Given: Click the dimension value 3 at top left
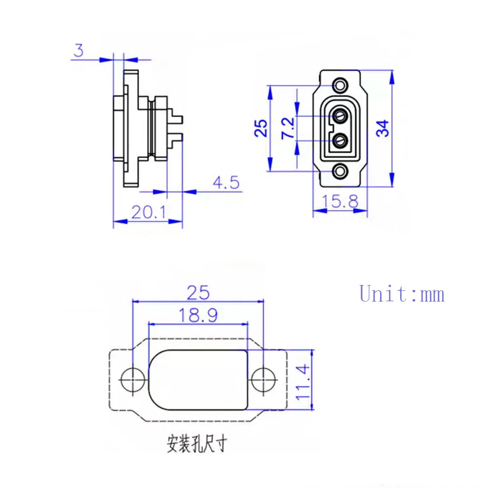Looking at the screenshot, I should [79, 50].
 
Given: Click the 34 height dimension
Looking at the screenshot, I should [384, 128].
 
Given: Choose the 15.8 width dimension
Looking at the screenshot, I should [340, 201].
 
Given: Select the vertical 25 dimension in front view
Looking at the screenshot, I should [262, 128].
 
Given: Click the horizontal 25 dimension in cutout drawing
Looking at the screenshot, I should [198, 292].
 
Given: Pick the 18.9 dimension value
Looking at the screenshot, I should [198, 315].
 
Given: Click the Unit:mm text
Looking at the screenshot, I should [402, 294].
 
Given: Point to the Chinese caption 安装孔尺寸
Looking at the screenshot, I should [197, 445].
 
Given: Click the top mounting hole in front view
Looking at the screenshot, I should [340, 85].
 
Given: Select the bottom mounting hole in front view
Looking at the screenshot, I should [340, 170].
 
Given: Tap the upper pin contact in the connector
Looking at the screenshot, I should [340, 116].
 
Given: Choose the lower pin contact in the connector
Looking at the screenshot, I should [340, 141].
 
